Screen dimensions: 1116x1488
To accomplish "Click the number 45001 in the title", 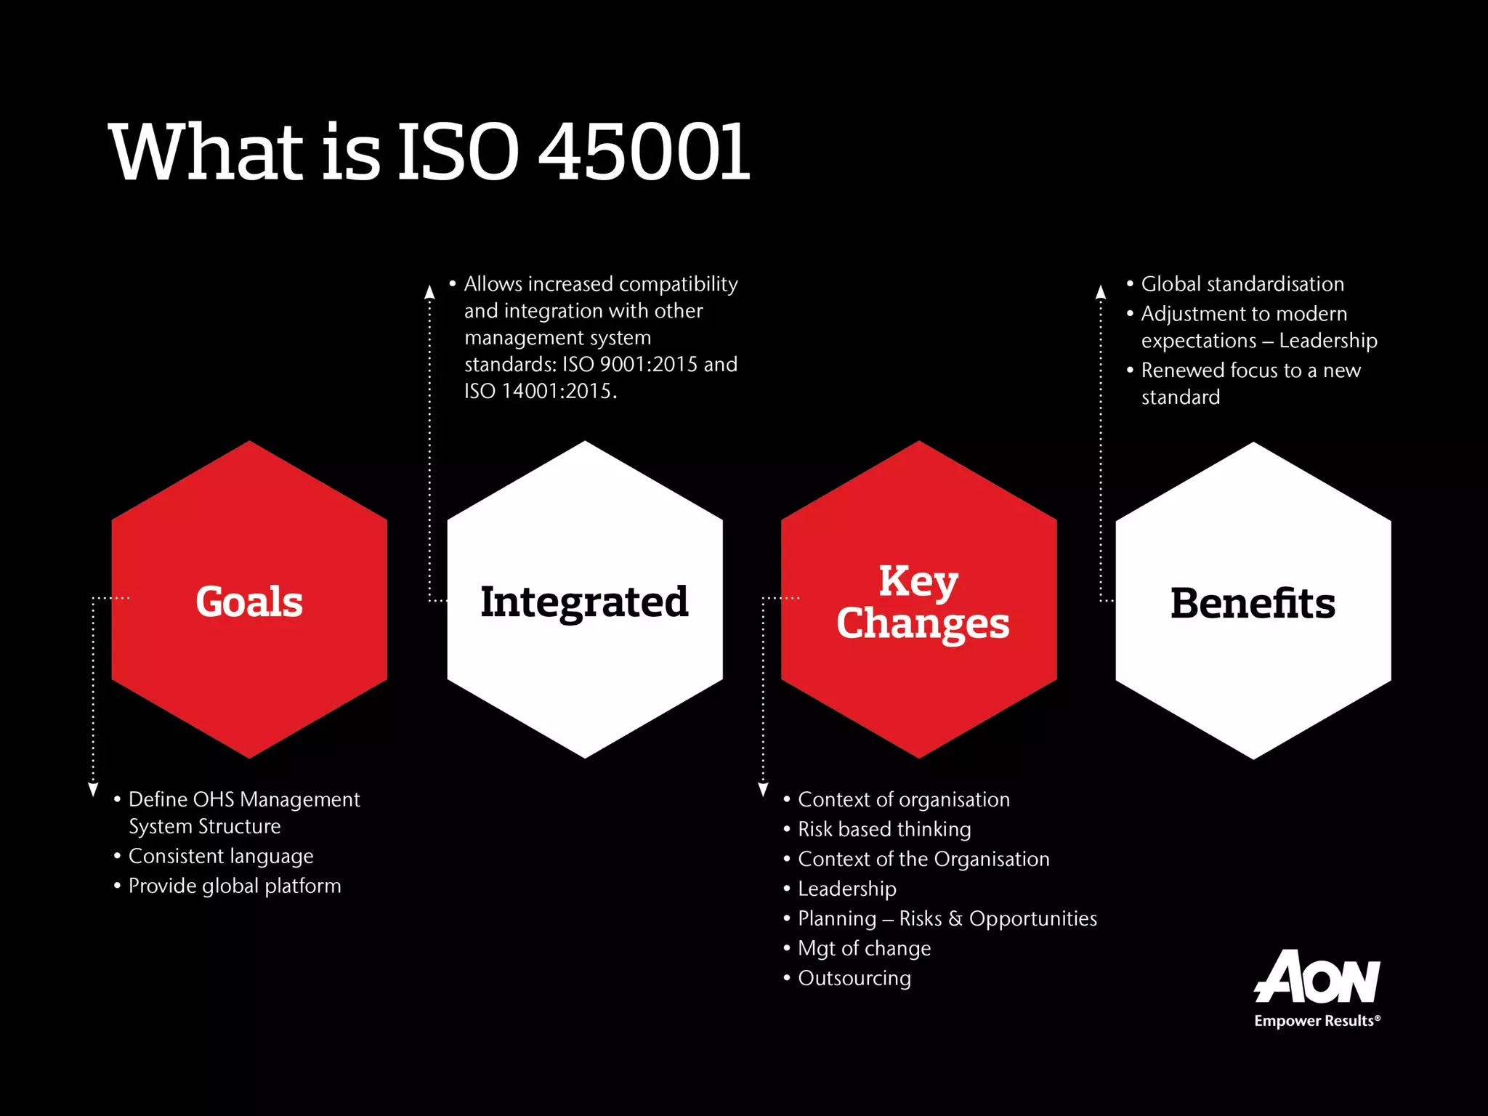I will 643,152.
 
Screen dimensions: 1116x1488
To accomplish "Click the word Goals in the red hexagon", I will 249,602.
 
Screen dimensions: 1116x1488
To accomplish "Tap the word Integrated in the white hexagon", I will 584,602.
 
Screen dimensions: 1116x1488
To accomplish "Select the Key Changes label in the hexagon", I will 921,602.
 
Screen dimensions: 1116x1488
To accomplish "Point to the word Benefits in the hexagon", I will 1253,603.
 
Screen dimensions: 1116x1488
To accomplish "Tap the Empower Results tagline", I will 1317,1021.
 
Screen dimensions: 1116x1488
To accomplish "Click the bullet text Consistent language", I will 221,856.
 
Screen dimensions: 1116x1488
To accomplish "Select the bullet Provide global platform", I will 234,886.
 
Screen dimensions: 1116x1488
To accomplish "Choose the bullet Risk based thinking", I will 884,829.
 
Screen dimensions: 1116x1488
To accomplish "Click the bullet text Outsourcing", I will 854,978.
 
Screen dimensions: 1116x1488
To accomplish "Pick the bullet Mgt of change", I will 864,948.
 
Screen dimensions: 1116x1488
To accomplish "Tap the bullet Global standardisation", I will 1242,284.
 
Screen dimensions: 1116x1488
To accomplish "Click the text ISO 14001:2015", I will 540,391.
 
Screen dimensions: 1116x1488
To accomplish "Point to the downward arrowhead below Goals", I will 93,790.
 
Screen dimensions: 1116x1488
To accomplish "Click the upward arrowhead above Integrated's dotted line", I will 429,292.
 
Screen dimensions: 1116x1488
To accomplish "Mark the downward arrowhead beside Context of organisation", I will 763,790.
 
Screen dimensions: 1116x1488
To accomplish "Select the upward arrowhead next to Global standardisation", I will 1101,292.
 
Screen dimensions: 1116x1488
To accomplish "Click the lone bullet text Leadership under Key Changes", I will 847,889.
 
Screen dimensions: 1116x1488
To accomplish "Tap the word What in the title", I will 205,152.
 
